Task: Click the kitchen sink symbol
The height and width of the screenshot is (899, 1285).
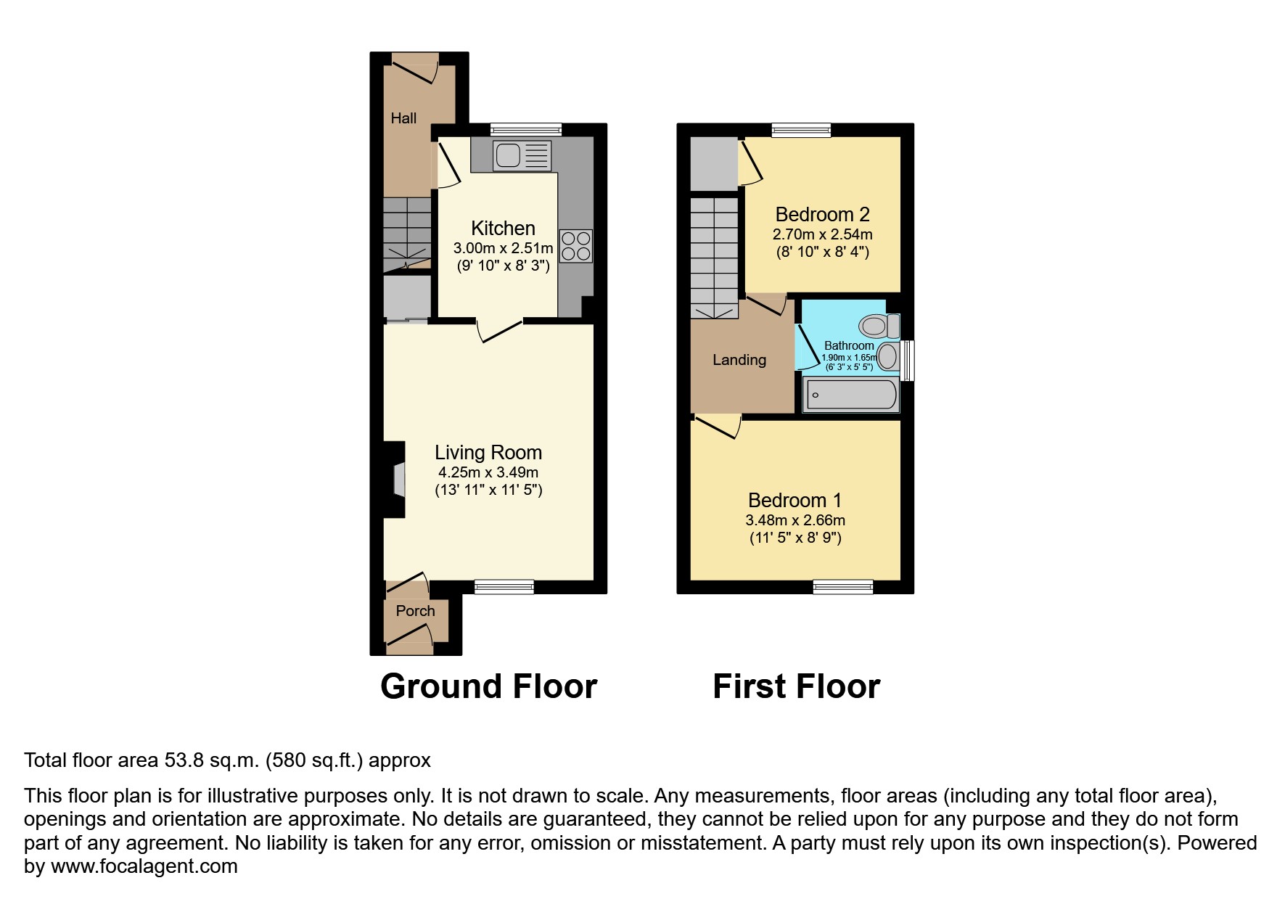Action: click(521, 155)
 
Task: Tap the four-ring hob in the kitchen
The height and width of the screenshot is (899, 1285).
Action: click(576, 245)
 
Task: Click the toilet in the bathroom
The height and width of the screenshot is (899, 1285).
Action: click(879, 326)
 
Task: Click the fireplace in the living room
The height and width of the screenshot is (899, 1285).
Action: click(398, 480)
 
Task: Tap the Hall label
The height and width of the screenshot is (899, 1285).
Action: click(403, 118)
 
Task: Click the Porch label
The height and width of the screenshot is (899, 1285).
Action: click(415, 611)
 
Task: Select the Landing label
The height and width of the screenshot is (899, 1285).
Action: click(739, 360)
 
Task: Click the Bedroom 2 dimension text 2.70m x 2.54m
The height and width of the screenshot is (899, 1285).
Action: click(822, 234)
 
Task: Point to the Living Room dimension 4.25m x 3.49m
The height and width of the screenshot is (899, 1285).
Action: click(488, 472)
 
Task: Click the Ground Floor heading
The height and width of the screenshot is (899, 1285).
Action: click(488, 686)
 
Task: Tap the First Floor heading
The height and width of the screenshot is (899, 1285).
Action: click(796, 686)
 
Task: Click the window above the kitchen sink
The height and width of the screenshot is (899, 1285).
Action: click(526, 130)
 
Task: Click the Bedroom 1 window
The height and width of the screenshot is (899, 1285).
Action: click(842, 587)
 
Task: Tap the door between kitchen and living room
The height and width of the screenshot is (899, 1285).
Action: click(501, 330)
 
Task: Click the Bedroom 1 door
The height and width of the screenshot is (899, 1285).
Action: click(718, 426)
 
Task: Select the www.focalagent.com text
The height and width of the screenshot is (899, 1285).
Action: click(144, 866)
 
